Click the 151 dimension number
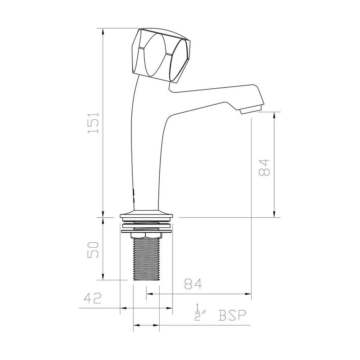(95, 122)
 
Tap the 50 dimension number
(95, 249)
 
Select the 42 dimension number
(93, 298)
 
